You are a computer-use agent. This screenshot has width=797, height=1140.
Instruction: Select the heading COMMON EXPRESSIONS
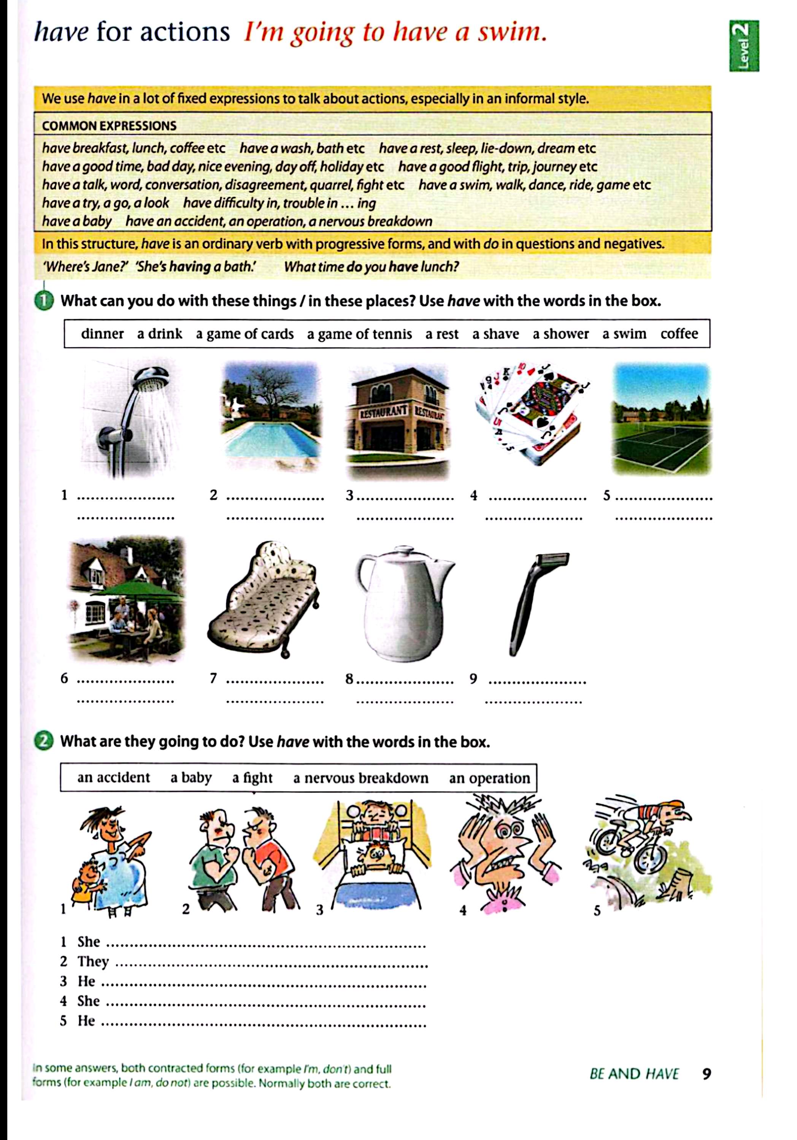[109, 126]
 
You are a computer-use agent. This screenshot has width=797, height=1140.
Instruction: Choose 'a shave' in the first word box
[495, 334]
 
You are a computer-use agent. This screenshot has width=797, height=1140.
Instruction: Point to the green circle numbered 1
[44, 301]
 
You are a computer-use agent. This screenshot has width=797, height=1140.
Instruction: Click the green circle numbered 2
[44, 742]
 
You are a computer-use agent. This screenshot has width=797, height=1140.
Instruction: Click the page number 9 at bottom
[707, 1073]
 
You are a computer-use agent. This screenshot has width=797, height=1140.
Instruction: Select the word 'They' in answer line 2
[93, 961]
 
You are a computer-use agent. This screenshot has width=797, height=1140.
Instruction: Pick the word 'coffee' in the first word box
[679, 334]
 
